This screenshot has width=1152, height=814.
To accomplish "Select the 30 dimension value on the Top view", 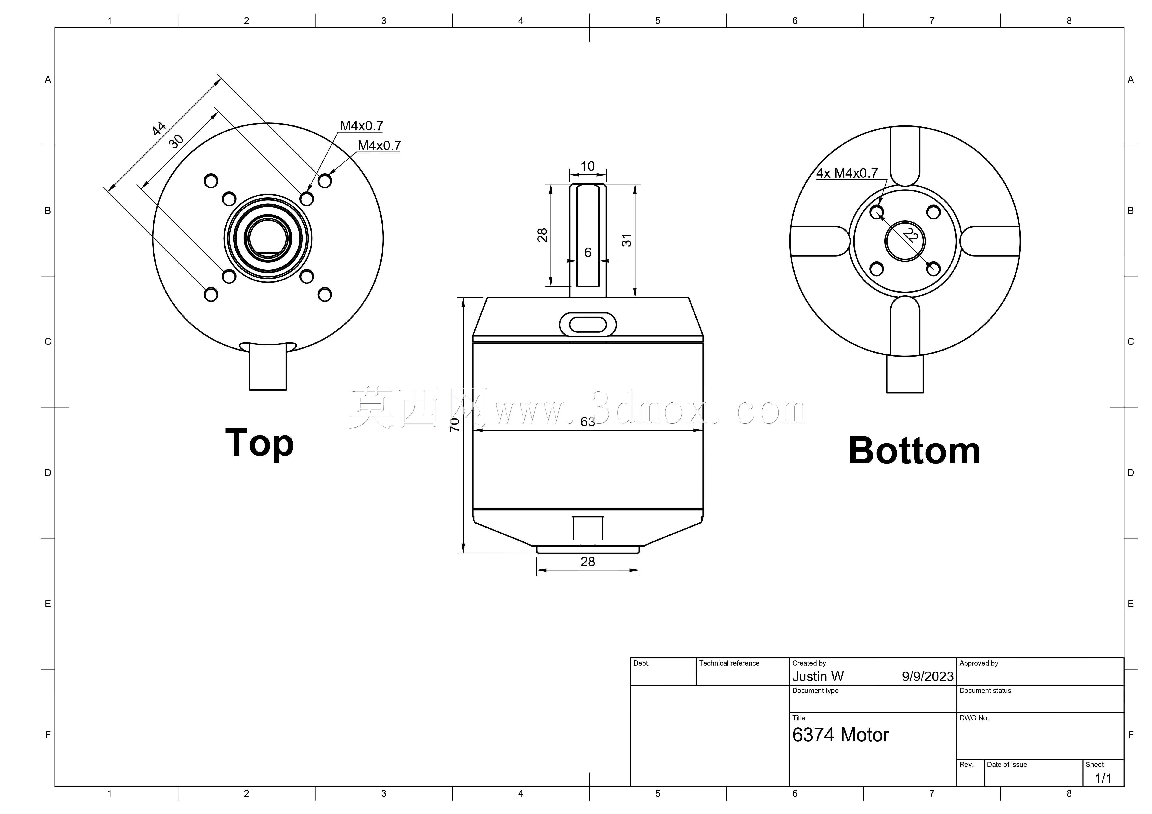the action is tap(176, 142).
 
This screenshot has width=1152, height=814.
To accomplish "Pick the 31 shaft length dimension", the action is tap(627, 240).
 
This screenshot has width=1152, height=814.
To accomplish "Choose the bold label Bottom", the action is tap(914, 451).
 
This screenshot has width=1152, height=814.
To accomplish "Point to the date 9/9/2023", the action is tap(928, 677).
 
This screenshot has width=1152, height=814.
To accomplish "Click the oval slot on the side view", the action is tap(587, 325).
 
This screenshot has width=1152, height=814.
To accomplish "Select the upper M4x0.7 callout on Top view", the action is tap(361, 126).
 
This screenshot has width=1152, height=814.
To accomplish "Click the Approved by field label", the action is tap(979, 663).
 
